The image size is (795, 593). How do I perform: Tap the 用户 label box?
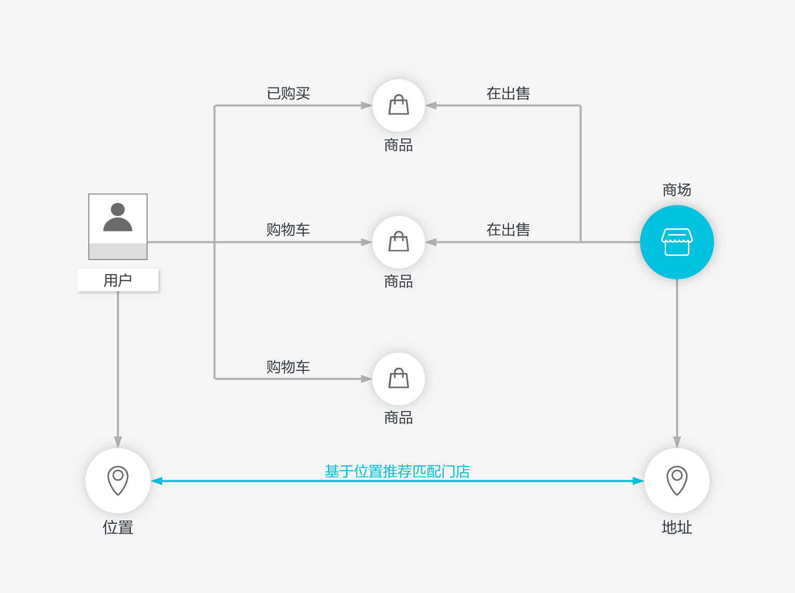click(x=118, y=280)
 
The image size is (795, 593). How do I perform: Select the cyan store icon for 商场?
click(x=677, y=242)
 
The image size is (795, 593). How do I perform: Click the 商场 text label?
click(x=677, y=190)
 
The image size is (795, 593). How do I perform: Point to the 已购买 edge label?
click(x=288, y=93)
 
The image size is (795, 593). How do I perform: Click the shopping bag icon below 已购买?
click(x=399, y=105)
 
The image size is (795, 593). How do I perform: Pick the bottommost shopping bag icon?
click(x=399, y=379)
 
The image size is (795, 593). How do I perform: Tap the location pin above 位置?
click(x=118, y=481)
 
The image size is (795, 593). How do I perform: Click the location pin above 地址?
click(x=677, y=481)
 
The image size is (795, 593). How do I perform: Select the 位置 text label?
click(x=118, y=527)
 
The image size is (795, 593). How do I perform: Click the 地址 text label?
click(x=677, y=527)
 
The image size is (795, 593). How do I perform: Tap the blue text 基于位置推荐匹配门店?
click(x=397, y=471)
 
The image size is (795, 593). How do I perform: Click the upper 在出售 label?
click(x=508, y=93)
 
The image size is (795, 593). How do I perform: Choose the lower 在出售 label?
click(x=508, y=230)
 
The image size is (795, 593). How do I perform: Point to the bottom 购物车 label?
click(x=288, y=367)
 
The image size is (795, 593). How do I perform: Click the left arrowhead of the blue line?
click(x=156, y=481)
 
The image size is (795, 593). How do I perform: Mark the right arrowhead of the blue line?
click(x=639, y=481)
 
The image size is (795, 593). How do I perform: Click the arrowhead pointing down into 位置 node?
click(x=118, y=442)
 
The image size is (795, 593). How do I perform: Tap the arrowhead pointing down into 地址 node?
click(x=677, y=442)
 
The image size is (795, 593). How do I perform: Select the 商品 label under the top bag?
click(x=399, y=145)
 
